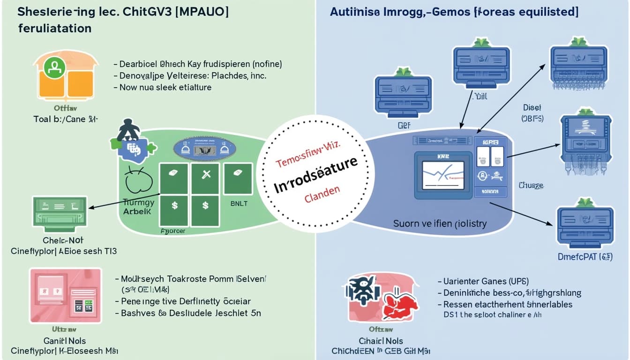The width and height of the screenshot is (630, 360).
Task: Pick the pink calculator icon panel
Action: point(65,295)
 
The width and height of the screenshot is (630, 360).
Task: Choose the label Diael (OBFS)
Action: point(532,113)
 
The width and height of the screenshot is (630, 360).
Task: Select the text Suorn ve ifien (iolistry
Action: point(440,224)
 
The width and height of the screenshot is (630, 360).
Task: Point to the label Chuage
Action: point(531,186)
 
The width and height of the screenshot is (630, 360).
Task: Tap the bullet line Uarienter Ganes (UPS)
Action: point(482,281)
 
